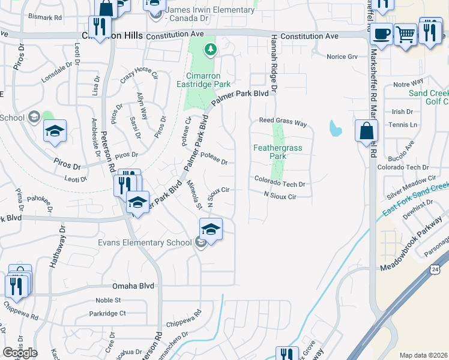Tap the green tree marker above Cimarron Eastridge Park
(210, 49)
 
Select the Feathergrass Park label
(277, 152)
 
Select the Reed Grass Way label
(283, 121)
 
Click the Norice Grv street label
(342, 57)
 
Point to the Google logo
(20, 353)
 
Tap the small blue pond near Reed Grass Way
(335, 128)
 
